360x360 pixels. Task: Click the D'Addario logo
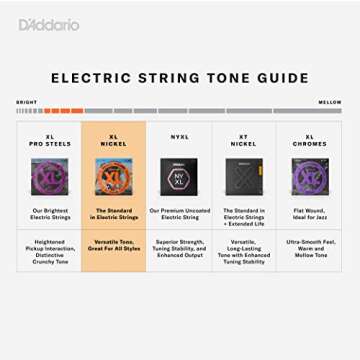pos(49,24)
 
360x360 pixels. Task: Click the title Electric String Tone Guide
pos(180,77)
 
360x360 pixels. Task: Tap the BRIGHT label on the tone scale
pos(26,102)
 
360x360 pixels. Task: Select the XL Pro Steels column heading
pos(49,141)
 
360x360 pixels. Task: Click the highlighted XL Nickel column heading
pos(113,141)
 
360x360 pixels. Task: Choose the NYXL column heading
pos(179,137)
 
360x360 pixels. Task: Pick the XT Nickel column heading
pos(243,141)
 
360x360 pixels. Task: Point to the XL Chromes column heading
pos(309,141)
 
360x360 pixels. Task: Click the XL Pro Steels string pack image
pos(49,176)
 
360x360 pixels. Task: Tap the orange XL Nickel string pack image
pos(113,176)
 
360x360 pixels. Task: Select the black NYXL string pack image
pos(179,176)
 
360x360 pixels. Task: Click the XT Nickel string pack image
pos(243,176)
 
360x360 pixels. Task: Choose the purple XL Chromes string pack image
pos(309,176)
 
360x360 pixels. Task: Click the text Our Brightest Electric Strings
pos(49,214)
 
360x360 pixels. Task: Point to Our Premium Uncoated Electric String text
pos(179,214)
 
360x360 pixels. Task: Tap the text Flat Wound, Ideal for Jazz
pos(309,214)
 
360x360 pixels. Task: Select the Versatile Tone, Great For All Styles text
pos(113,245)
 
